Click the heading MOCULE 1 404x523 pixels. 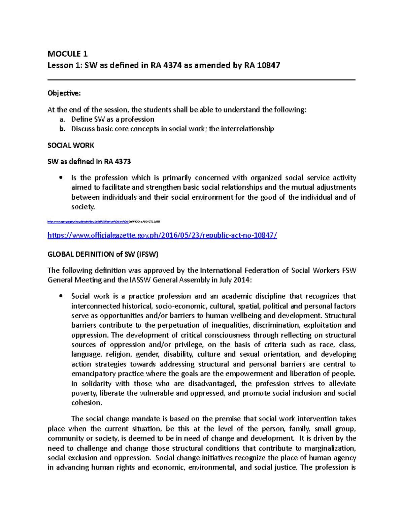67,54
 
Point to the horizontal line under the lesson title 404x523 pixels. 201,80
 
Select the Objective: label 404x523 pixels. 64,93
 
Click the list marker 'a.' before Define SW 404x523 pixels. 61,119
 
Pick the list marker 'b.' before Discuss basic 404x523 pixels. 61,129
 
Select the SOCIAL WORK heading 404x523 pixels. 71,145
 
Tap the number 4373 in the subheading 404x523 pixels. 123,162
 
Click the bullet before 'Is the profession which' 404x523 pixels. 61,178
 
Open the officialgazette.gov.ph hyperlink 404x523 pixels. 162,235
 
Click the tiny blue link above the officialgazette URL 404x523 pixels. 104,222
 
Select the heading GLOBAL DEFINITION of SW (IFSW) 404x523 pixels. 103,254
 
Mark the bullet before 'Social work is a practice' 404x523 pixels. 61,296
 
